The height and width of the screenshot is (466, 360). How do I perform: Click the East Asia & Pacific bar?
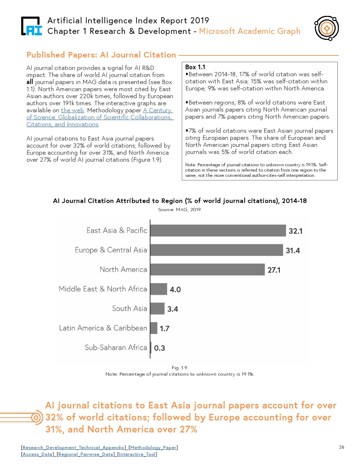click(x=218, y=231)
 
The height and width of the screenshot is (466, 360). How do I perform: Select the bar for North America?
click(x=207, y=269)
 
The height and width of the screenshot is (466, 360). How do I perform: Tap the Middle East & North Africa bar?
click(x=158, y=289)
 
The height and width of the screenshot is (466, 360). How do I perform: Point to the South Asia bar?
click(x=157, y=309)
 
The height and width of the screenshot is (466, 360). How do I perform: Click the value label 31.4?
click(x=293, y=251)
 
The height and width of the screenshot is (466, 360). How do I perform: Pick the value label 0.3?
click(x=160, y=348)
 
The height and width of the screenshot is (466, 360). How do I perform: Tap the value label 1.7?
click(x=164, y=329)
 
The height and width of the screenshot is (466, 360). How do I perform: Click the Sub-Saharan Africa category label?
click(x=116, y=347)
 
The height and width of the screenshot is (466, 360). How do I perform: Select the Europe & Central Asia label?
click(x=111, y=250)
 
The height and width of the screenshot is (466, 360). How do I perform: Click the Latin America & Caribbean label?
click(x=103, y=328)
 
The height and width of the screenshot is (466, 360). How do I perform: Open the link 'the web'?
click(x=72, y=110)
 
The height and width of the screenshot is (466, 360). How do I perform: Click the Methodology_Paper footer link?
click(x=153, y=447)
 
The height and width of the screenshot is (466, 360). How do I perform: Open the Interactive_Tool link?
click(x=137, y=454)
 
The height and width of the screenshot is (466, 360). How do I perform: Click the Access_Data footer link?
click(x=37, y=454)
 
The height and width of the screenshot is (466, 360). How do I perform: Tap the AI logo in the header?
click(x=31, y=26)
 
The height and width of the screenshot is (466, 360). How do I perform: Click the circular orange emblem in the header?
click(x=327, y=28)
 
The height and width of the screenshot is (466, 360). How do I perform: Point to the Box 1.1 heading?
click(x=195, y=67)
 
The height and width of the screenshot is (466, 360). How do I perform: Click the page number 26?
click(x=341, y=447)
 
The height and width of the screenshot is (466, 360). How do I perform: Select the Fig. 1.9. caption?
click(x=180, y=368)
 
